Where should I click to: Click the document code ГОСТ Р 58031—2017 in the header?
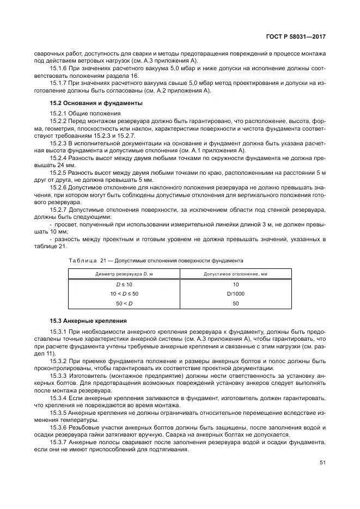(297, 36)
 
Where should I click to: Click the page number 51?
(322, 463)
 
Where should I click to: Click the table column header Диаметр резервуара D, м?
(124, 273)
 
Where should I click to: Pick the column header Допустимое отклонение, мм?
(235, 273)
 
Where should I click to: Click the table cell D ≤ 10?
(124, 284)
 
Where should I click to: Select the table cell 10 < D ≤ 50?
(124, 293)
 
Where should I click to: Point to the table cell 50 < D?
(124, 303)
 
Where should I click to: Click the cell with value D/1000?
(235, 293)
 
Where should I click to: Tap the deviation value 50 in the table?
(235, 303)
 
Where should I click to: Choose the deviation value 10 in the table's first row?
(235, 284)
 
